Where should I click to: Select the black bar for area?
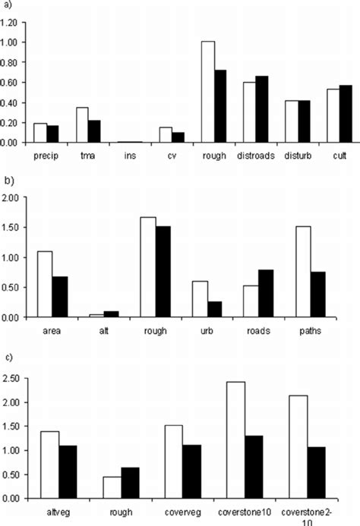click(x=59, y=297)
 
